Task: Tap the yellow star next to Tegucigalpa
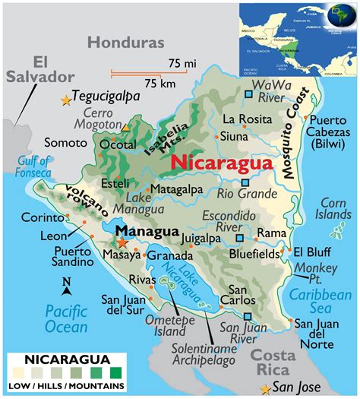coord(67,100)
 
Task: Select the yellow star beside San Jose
coord(264,389)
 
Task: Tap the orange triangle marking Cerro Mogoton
coord(126,125)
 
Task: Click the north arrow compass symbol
coord(67,287)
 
